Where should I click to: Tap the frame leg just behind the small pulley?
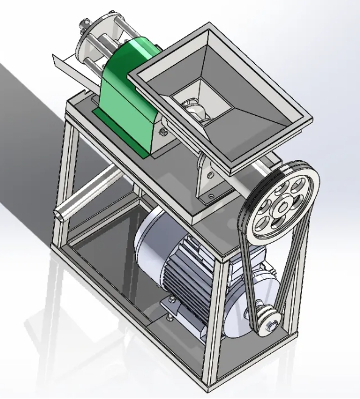(x=291, y=292)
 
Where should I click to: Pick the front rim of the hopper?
(x=244, y=146)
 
